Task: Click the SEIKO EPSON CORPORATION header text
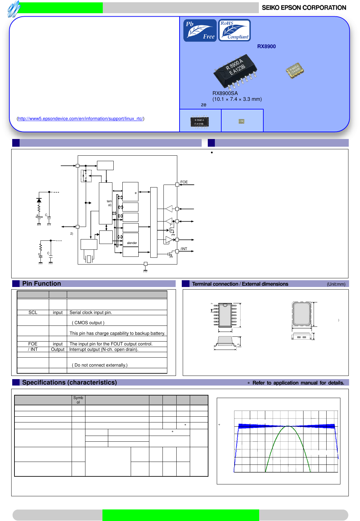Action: click(304, 8)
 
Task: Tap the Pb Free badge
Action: click(200, 30)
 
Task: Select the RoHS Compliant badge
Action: click(234, 30)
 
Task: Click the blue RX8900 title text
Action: click(266, 47)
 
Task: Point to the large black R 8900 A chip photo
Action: click(235, 70)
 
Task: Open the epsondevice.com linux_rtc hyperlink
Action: click(80, 119)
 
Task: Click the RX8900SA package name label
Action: click(225, 93)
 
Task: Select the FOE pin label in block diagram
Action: click(184, 182)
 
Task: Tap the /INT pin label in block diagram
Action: click(184, 249)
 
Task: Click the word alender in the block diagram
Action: click(132, 243)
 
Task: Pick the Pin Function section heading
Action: click(41, 284)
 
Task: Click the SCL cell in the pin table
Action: click(33, 313)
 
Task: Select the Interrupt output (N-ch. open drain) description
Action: click(104, 350)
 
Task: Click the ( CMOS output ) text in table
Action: click(88, 323)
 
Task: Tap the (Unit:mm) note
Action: click(336, 284)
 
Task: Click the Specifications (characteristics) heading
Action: click(69, 383)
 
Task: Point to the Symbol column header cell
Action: click(78, 400)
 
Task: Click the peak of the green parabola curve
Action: click(288, 426)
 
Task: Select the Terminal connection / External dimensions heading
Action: click(240, 284)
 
